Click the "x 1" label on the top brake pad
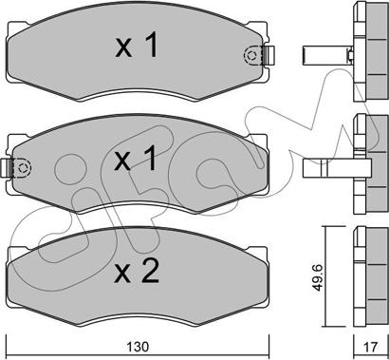tap(137, 46)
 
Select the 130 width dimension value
tap(138, 347)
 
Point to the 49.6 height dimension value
tap(319, 277)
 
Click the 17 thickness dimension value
tap(370, 347)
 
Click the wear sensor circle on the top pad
tap(251, 56)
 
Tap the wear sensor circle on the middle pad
tap(23, 167)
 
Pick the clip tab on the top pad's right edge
tap(269, 55)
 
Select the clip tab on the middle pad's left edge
tap(7, 167)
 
